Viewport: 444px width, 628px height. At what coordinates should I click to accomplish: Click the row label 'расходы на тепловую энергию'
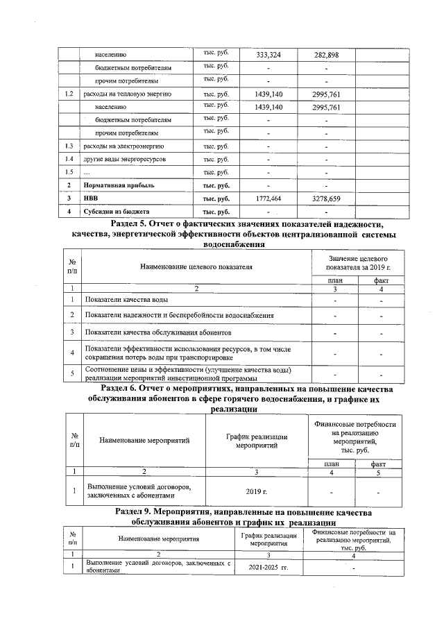click(128, 94)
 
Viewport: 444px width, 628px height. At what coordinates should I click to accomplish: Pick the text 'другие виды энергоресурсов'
click(125, 160)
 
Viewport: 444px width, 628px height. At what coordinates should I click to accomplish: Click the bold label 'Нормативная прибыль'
click(119, 185)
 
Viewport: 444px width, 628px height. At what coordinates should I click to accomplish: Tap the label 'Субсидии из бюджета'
click(117, 211)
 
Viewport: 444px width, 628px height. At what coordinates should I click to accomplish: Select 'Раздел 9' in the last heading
click(139, 512)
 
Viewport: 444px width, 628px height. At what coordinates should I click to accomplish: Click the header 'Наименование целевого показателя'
click(196, 265)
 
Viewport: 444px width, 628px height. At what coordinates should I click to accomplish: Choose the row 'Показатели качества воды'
click(126, 300)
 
